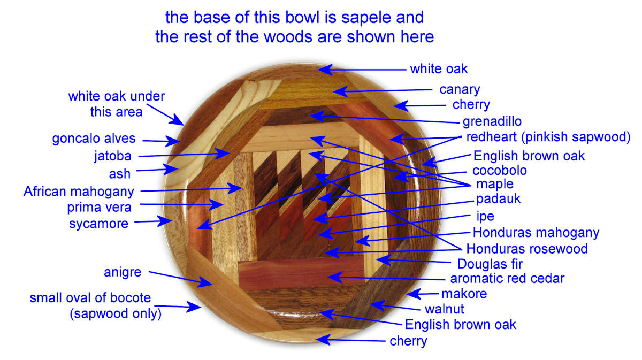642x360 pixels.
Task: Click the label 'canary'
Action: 460,90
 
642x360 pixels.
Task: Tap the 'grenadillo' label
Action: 492,122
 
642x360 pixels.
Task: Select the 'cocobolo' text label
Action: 500,171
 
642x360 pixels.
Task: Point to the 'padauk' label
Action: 498,199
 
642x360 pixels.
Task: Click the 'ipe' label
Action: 485,217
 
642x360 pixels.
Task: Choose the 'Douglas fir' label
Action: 490,264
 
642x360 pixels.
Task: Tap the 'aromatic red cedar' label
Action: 507,278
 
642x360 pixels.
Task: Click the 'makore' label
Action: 464,294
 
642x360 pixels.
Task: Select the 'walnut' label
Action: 444,309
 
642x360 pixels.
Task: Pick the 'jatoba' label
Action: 113,157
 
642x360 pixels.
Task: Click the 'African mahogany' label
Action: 79,192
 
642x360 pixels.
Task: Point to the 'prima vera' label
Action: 99,208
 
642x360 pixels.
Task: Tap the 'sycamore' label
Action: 98,224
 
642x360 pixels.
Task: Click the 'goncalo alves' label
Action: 94,139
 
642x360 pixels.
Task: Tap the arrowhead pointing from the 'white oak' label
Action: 325,70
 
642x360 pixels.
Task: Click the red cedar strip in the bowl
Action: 301,272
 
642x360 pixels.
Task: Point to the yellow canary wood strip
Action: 312,93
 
